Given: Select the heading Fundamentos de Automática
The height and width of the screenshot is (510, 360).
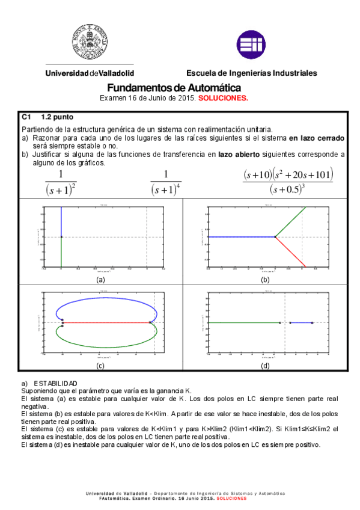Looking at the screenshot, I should point(174,87).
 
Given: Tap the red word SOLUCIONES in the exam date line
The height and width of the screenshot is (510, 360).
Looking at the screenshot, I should point(223,98).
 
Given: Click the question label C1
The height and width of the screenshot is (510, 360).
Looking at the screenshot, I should point(26,117).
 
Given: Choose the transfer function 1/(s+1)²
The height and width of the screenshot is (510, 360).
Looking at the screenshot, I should point(61,182).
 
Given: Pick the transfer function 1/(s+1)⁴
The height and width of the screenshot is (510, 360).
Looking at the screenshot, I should point(165,182).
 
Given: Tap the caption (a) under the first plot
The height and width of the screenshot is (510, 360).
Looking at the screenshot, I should point(100,280).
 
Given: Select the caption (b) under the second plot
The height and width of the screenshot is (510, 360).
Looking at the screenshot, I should point(265,280).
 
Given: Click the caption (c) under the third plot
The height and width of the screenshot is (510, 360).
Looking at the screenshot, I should point(100,366).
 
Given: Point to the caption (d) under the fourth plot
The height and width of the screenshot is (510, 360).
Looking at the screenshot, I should point(265,366).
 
